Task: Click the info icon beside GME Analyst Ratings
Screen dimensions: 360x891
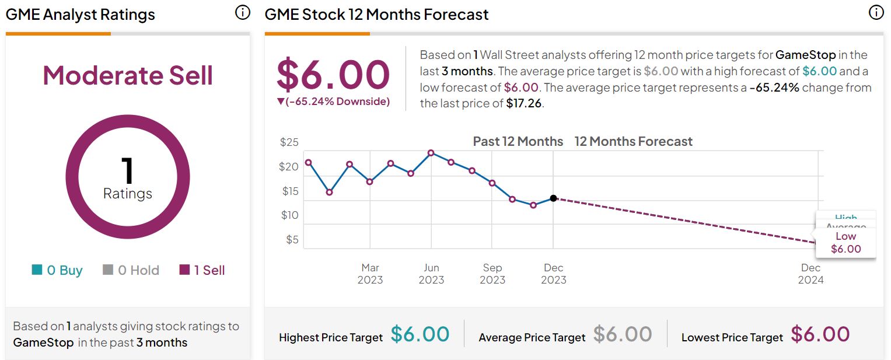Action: click(x=242, y=12)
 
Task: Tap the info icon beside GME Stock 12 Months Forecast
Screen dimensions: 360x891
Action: click(x=876, y=12)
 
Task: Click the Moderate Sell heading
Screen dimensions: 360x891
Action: click(x=128, y=76)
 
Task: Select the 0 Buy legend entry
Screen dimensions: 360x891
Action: click(x=57, y=270)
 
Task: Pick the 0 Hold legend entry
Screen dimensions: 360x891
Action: click(x=131, y=270)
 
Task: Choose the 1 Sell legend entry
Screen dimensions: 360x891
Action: click(x=202, y=270)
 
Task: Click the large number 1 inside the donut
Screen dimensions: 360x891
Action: click(x=127, y=170)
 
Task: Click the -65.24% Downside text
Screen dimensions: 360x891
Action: click(x=333, y=102)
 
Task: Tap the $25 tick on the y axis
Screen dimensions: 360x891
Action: click(x=289, y=142)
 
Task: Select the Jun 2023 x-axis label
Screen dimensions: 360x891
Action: click(x=431, y=274)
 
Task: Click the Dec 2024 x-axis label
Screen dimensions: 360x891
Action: click(x=810, y=274)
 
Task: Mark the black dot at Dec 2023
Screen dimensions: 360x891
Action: click(x=553, y=198)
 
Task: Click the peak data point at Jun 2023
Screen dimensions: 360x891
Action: click(x=431, y=153)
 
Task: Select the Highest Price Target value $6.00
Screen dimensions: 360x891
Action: click(x=420, y=334)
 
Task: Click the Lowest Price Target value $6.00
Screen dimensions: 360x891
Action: click(x=820, y=334)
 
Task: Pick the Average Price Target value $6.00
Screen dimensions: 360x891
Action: click(x=623, y=334)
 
